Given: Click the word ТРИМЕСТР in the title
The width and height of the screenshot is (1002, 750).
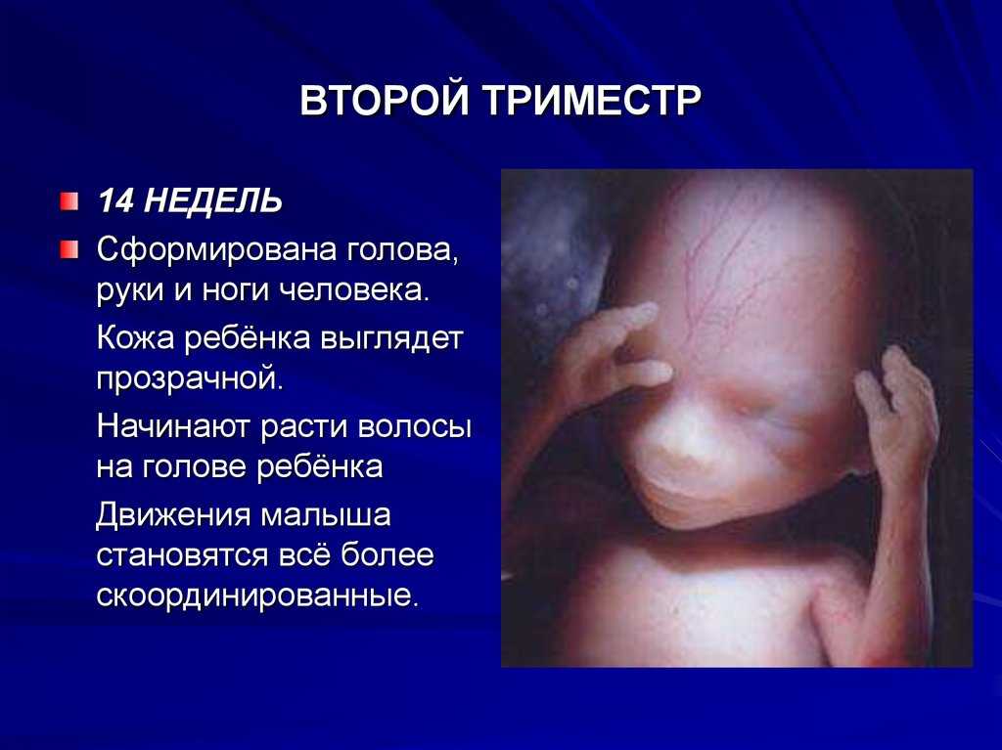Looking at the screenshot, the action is (592, 100).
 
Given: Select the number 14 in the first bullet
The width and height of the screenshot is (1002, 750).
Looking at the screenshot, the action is (115, 201).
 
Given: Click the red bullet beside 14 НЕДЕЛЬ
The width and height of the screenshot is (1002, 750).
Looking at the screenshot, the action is (69, 201).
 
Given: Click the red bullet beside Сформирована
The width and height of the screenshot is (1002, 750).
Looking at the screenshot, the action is (69, 249).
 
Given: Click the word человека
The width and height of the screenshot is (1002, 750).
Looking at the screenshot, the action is (355, 290).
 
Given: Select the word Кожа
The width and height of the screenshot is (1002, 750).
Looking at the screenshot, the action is (135, 338).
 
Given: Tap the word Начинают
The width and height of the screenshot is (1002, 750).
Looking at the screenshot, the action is (174, 426).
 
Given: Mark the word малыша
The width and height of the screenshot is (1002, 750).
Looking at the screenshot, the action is (326, 515).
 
